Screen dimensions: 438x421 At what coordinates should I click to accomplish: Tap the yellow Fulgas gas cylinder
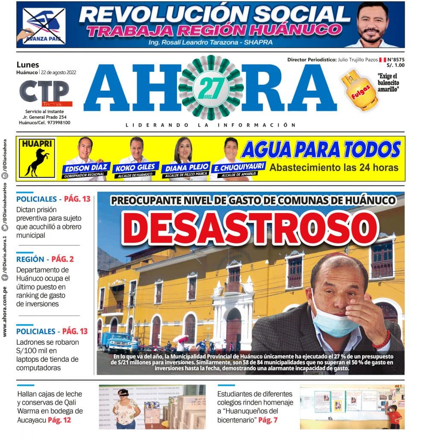click(359, 90)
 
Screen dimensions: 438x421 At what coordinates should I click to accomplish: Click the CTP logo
click(44, 92)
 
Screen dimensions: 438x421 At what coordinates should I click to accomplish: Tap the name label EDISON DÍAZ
click(86, 167)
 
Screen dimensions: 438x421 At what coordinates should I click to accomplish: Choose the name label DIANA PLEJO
click(186, 167)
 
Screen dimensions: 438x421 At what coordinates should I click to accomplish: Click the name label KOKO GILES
click(136, 167)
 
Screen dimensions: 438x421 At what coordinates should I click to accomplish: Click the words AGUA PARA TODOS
click(321, 150)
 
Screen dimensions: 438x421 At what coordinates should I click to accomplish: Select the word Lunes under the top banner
click(27, 65)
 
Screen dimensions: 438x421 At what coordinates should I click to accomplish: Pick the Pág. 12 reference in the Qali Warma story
click(59, 420)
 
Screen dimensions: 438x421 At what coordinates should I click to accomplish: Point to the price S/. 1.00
click(395, 65)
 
